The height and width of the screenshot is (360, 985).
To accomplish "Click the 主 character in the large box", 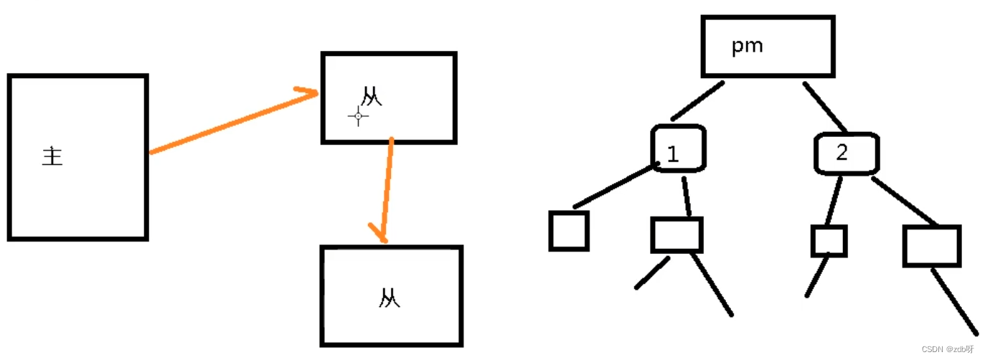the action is coord(52,156).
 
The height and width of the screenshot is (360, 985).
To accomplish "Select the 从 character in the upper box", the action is coord(371,97).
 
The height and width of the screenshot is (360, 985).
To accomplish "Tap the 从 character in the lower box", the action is coord(389,298).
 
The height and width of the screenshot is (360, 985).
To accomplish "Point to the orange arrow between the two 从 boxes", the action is coord(387,186).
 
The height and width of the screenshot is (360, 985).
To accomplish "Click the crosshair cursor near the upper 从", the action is coord(359,115).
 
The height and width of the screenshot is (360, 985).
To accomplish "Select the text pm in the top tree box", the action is coord(747,47).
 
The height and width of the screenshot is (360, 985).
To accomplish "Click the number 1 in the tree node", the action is coord(673,153).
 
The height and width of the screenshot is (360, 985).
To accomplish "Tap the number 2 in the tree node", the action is coord(842,152).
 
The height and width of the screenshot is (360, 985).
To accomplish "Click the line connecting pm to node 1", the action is coord(697,100).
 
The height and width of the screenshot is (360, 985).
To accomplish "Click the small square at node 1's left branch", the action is coord(569,231).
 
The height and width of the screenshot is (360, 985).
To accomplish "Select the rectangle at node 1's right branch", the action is coord(677,235).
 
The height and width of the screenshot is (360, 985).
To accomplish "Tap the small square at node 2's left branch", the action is coord(829,241).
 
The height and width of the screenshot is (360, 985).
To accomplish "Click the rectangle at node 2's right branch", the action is coord(931,246).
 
